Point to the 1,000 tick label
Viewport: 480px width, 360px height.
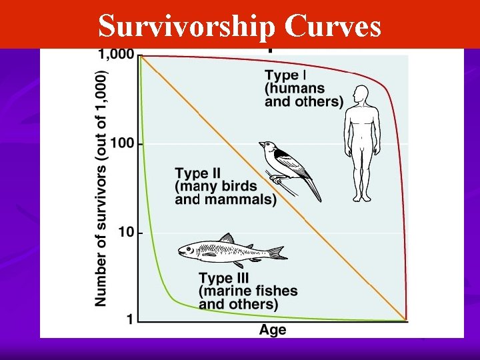117,55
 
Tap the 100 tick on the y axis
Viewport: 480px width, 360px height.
123,143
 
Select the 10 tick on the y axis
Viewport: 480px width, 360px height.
127,233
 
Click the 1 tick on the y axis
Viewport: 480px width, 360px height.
130,319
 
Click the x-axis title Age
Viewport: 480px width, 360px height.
273,330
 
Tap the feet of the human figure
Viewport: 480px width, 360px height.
362,197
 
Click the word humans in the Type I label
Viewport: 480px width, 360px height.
305,88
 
